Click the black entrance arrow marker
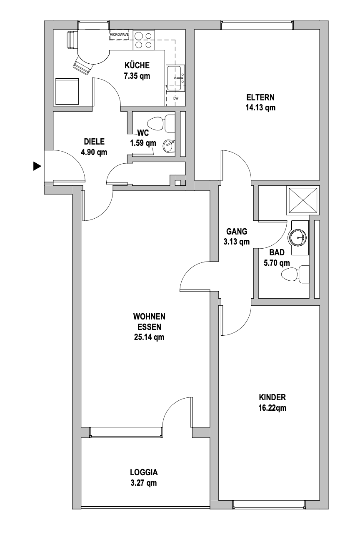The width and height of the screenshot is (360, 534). [37, 166]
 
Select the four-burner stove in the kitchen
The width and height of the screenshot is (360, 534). [143, 40]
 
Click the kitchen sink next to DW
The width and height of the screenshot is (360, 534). [175, 78]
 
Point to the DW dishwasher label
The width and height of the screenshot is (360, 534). [175, 98]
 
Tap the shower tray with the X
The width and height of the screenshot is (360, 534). [302, 200]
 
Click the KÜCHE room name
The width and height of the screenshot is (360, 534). [137, 65]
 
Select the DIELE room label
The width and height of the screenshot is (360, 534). [94, 142]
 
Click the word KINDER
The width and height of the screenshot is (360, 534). [272, 397]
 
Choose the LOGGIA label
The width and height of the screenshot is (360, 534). [144, 472]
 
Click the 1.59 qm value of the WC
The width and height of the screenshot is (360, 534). [143, 142]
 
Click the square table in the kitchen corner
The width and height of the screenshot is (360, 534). [67, 91]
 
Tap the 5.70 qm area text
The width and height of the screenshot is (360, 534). [277, 263]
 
